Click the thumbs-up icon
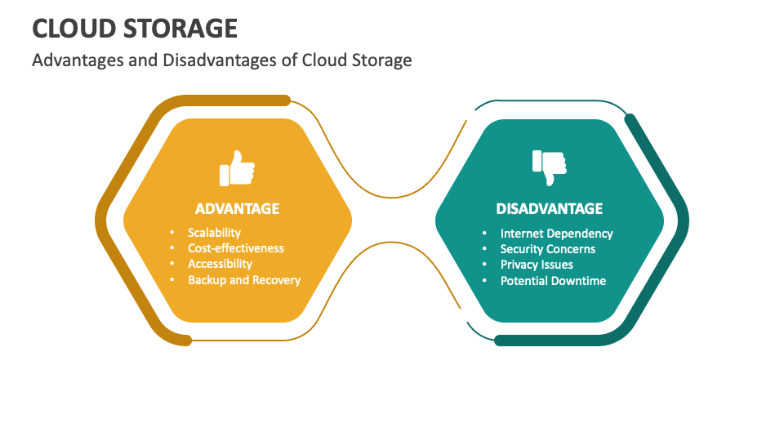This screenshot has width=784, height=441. click(x=237, y=168)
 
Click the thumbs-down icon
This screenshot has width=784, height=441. click(x=549, y=167)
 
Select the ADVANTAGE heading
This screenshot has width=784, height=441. click(x=237, y=208)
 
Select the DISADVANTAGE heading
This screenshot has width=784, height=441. click(x=549, y=208)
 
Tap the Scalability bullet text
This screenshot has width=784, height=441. click(x=214, y=233)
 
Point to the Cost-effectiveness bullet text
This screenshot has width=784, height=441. click(x=235, y=248)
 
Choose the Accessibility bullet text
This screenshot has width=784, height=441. click(x=220, y=264)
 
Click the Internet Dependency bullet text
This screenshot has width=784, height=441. click(x=556, y=234)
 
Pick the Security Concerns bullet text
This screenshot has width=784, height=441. click(x=548, y=249)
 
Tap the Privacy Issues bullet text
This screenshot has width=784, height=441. click(x=537, y=265)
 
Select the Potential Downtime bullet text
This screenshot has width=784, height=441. click(x=553, y=280)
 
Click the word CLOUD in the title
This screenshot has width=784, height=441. click(x=74, y=29)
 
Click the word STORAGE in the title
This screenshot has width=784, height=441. click(x=180, y=29)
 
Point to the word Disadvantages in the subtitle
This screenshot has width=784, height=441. click(x=220, y=60)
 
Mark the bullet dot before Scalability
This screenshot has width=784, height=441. click(x=172, y=233)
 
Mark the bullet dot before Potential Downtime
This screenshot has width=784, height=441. click(x=484, y=280)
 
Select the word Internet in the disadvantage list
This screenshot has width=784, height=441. click(x=522, y=234)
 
